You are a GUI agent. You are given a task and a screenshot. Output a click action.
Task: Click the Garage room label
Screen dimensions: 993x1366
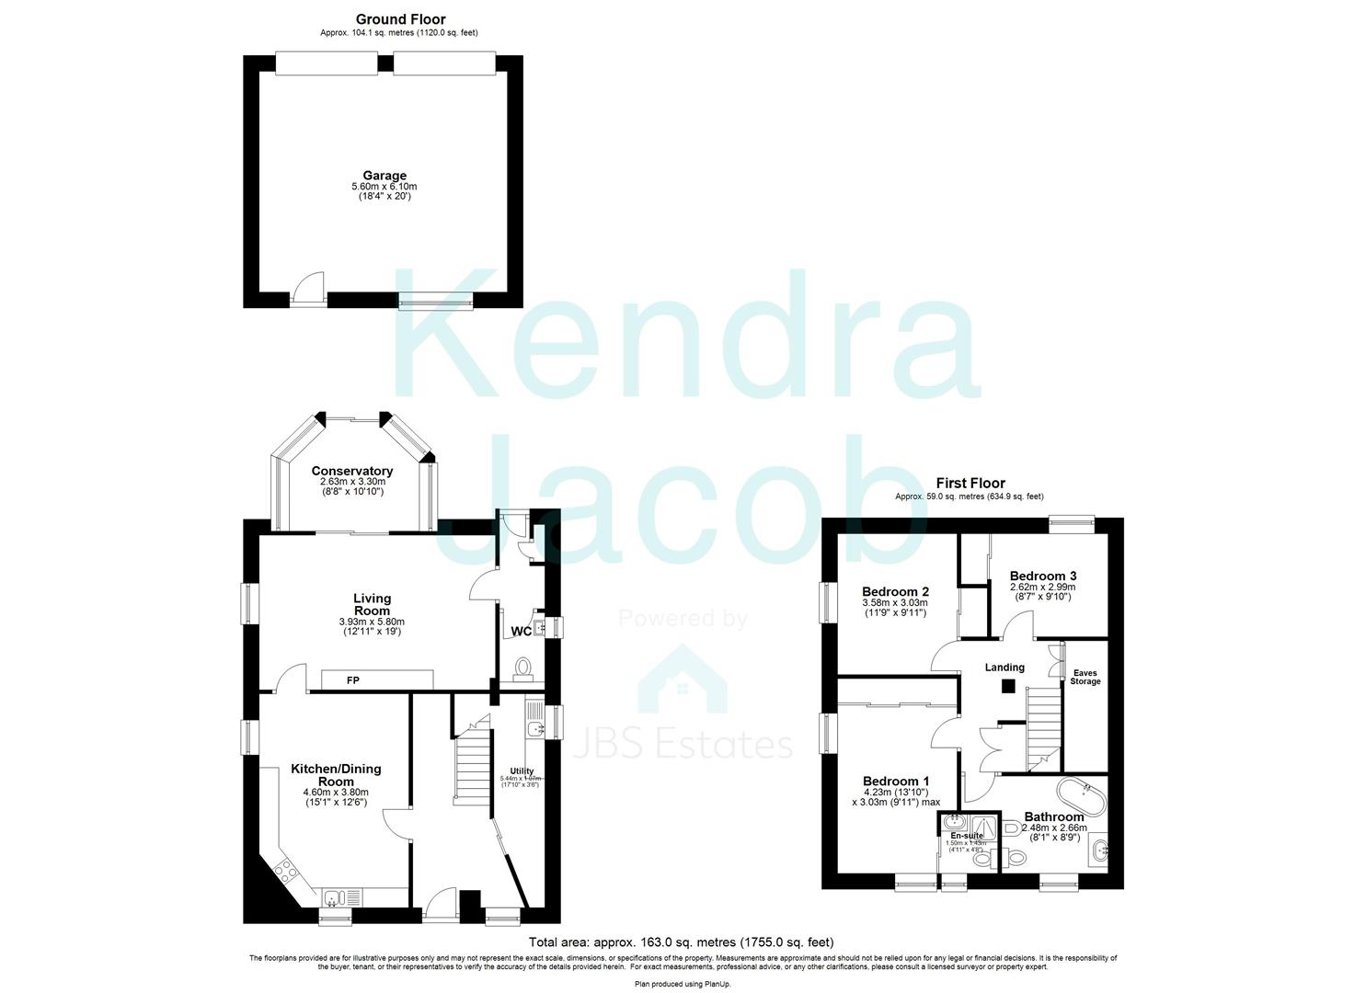point(384,176)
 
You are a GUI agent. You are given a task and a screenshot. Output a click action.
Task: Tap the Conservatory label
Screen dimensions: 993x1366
point(351,471)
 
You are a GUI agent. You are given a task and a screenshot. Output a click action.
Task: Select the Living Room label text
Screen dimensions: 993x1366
point(372,604)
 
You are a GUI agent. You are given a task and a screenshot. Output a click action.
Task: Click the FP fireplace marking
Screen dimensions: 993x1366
point(352,681)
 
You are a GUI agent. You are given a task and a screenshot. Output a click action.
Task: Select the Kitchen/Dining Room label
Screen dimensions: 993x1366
point(336,774)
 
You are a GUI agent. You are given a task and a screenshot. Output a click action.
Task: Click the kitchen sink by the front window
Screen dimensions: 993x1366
point(332,896)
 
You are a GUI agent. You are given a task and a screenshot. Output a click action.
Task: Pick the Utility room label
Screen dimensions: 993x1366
point(522,771)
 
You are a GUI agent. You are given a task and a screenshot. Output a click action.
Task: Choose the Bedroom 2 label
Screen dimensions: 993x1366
point(895,591)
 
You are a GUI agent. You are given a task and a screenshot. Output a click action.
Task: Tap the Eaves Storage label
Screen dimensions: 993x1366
point(1085,677)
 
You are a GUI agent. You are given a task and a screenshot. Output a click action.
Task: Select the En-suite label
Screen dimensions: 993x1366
point(966,836)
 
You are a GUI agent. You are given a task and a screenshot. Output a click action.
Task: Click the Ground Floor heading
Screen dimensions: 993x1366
point(400,19)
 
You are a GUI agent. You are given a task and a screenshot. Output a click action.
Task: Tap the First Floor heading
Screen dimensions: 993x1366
point(970,483)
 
